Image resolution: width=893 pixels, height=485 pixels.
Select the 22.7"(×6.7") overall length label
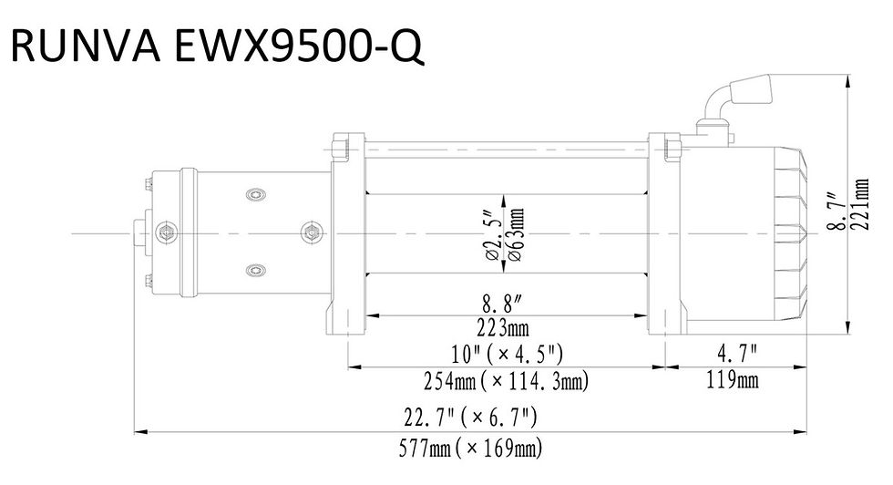point(471,418)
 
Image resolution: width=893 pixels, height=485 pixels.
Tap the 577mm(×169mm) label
point(471,448)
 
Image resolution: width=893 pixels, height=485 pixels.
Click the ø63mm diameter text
point(516,234)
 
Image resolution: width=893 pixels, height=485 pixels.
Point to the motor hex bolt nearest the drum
point(313,233)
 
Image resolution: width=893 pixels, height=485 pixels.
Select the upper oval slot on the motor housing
point(255,196)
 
